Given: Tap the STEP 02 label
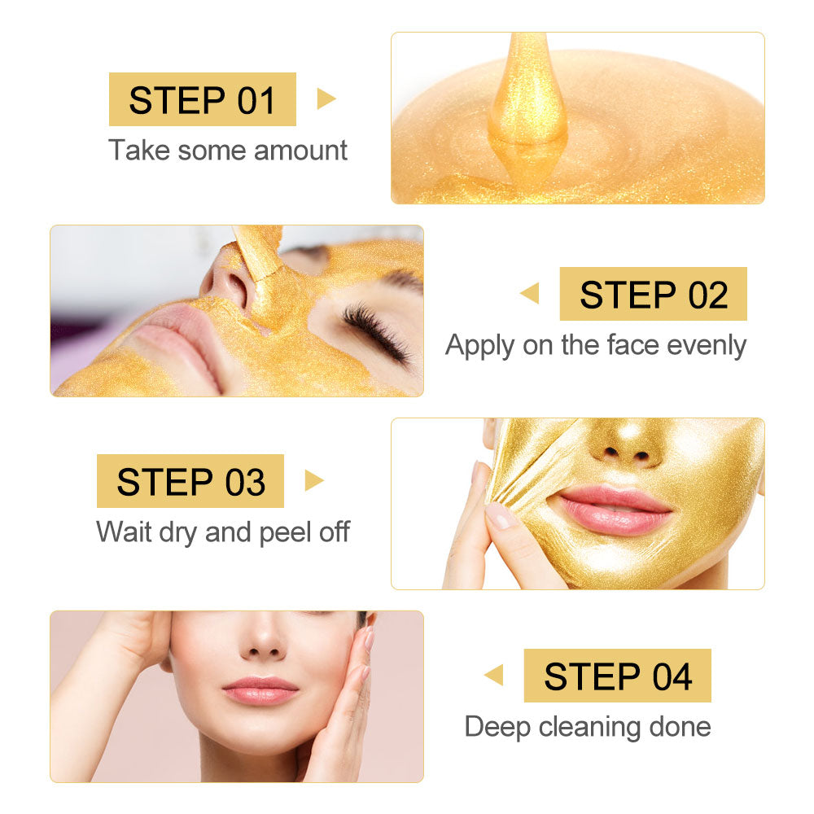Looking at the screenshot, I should coord(653,294).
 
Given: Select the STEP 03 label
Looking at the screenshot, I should coord(190,481).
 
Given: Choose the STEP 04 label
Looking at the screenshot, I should coord(617,676).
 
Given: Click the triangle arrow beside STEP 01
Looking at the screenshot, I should coord(326,99).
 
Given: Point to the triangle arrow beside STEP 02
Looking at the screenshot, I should coord(530,294).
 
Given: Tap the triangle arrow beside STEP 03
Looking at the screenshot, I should coord(313,481).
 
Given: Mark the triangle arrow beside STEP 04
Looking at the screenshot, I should coord(494,676).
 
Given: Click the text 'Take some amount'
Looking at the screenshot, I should coord(228,151).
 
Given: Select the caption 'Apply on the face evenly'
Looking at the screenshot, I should coord(595,345).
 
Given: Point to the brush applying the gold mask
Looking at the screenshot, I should coord(259,252).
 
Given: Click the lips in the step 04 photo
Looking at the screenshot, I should coord(260,689).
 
